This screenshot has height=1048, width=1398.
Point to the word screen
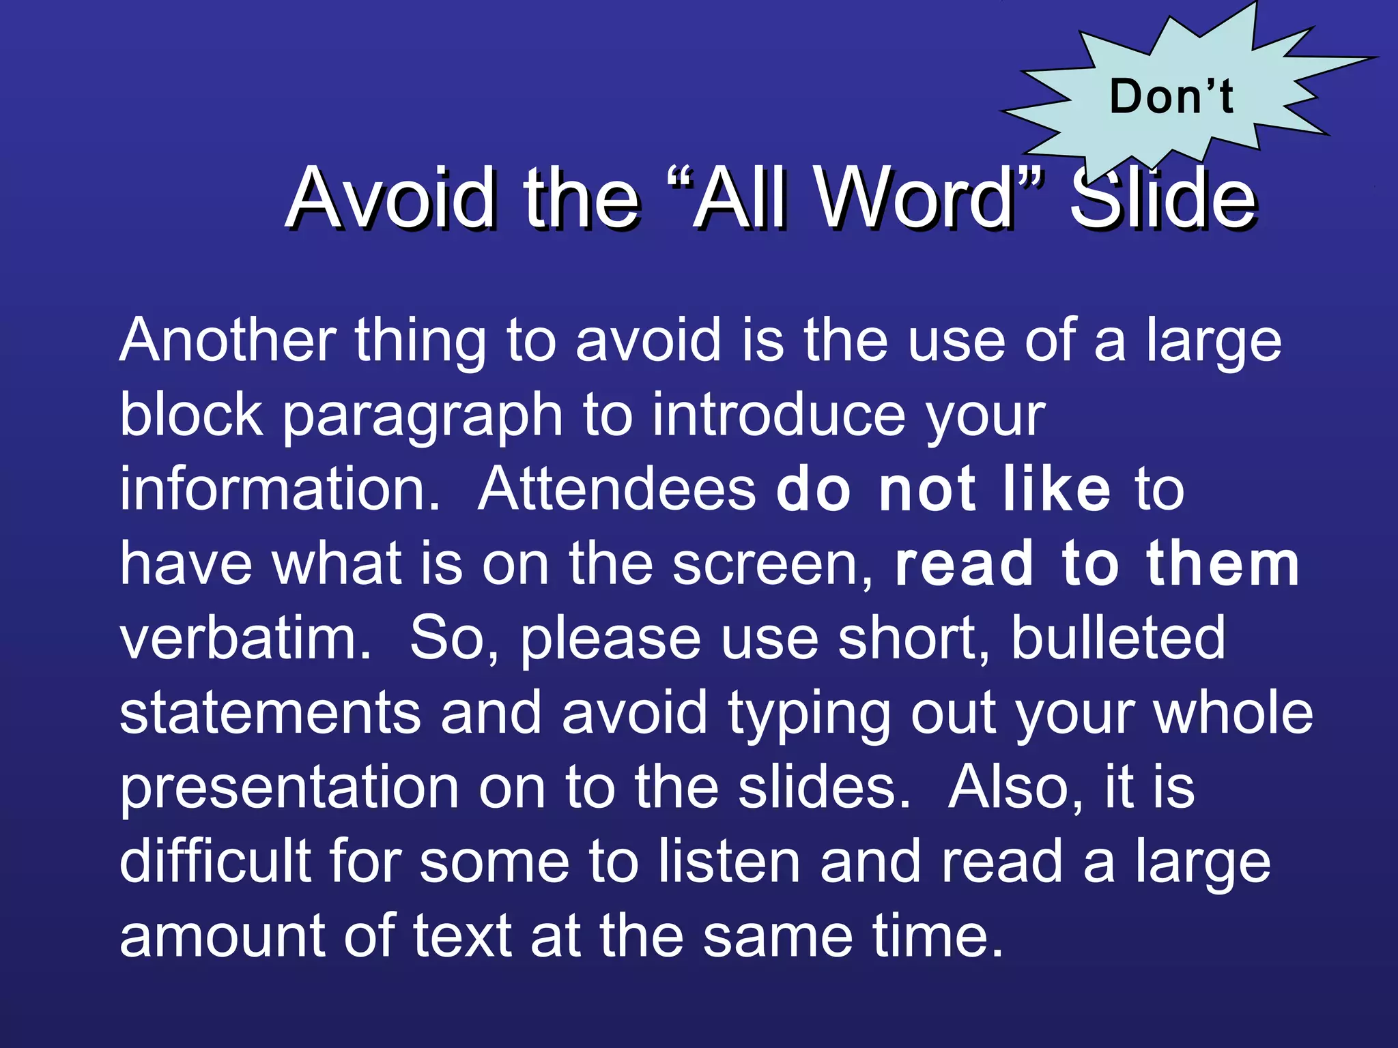[x=771, y=565]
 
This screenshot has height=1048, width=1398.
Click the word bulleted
[x=1117, y=638]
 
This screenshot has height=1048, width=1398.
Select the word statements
[x=270, y=713]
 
